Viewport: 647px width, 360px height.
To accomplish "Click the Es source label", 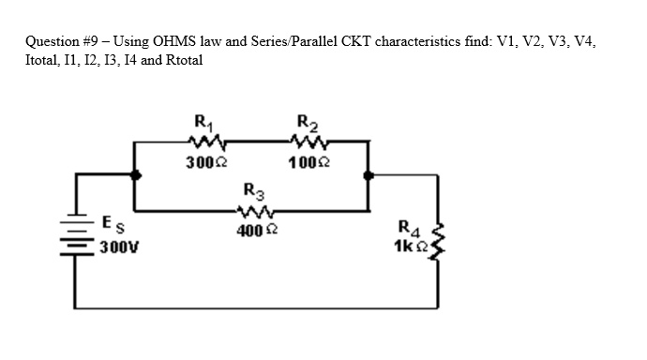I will click(110, 224).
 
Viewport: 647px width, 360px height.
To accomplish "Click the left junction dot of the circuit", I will click(137, 175).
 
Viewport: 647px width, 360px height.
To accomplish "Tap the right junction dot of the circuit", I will click(367, 175).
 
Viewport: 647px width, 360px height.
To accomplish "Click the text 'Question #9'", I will click(63, 42).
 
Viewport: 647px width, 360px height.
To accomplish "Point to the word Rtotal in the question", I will click(181, 59).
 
